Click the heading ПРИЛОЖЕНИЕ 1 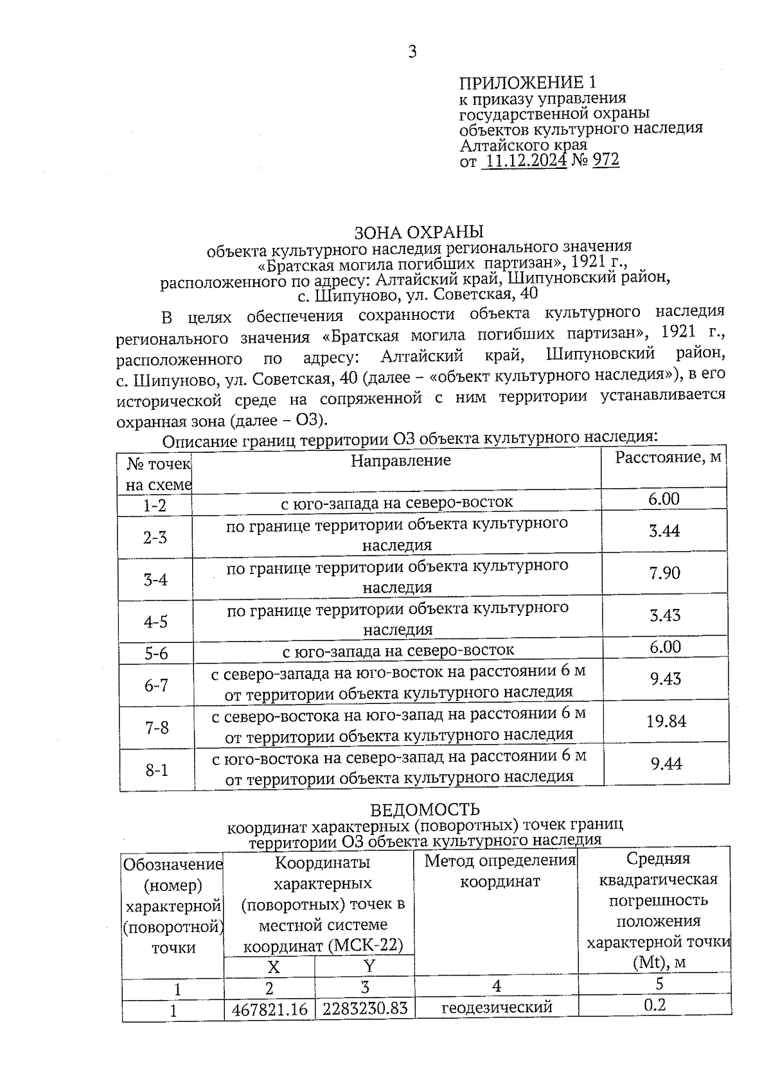point(527,83)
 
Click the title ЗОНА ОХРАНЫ point(419,231)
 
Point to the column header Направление point(400,461)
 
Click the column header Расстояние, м point(668,458)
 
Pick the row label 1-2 point(155,506)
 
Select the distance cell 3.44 point(664,531)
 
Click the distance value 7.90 point(664,573)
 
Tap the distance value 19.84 point(666,721)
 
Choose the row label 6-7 point(156,685)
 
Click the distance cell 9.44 point(666,764)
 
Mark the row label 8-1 point(157,769)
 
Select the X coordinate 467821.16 point(270,1010)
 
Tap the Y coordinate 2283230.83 point(365,1009)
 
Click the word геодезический point(497,1008)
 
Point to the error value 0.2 point(655,1005)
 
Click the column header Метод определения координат point(500,871)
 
